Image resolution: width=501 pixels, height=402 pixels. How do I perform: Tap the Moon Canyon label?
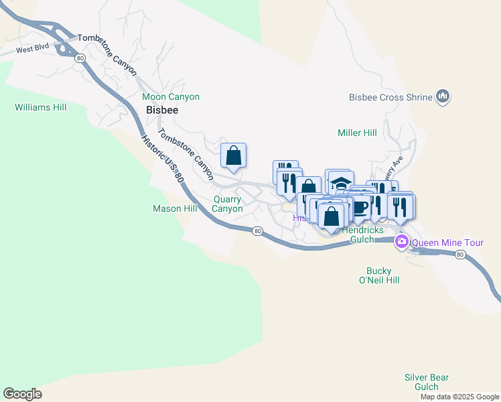click(171, 97)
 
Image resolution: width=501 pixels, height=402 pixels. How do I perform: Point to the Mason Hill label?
click(175, 209)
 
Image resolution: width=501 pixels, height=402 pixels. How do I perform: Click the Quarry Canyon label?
click(228, 204)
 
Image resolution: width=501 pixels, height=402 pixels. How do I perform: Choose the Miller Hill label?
click(358, 133)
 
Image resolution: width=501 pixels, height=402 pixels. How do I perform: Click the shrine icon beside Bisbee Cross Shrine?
click(442, 97)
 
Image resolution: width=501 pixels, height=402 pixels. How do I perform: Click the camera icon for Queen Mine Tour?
click(402, 242)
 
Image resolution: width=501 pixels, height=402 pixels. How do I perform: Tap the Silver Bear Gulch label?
click(426, 382)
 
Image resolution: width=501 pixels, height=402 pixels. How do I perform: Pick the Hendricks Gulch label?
click(362, 234)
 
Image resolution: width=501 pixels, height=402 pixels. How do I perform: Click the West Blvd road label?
click(33, 50)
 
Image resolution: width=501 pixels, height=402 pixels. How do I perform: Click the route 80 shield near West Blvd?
click(80, 59)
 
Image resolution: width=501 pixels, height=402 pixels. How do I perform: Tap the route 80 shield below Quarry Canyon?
click(257, 231)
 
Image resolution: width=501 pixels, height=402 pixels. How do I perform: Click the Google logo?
click(22, 394)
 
